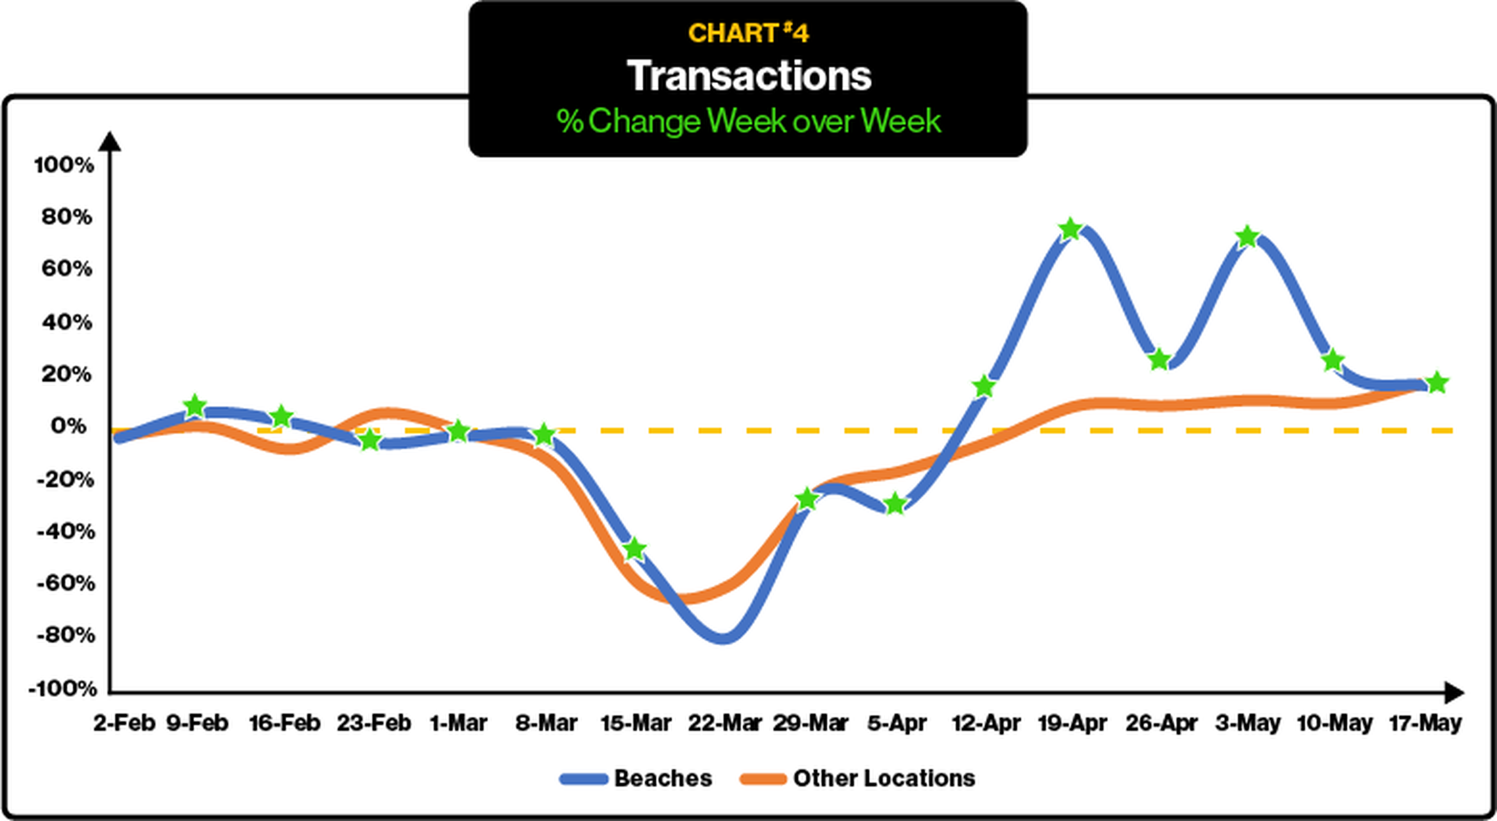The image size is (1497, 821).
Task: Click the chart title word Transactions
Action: (x=748, y=76)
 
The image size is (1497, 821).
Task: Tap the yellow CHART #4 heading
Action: (x=748, y=33)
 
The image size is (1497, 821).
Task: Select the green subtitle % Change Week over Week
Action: (x=748, y=121)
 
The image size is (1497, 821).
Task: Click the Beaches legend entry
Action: (x=636, y=778)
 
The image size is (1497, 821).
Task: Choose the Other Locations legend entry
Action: (x=858, y=778)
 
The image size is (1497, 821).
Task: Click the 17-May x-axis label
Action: (x=1425, y=723)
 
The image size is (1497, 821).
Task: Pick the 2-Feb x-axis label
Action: (x=124, y=723)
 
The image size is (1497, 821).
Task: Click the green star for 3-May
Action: (x=1247, y=237)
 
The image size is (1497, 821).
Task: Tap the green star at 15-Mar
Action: (x=635, y=549)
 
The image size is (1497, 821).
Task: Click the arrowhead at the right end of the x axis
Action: (x=1454, y=692)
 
